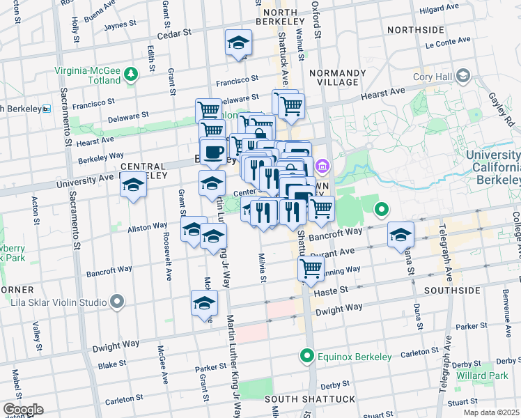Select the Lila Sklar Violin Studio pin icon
[117, 302]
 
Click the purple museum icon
[321, 166]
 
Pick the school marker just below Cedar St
[238, 43]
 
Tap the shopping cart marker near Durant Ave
[311, 269]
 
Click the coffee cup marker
[215, 152]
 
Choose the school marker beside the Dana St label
[401, 235]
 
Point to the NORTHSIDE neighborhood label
[416, 30]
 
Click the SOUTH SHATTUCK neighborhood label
[310, 398]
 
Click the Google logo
[23, 409]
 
